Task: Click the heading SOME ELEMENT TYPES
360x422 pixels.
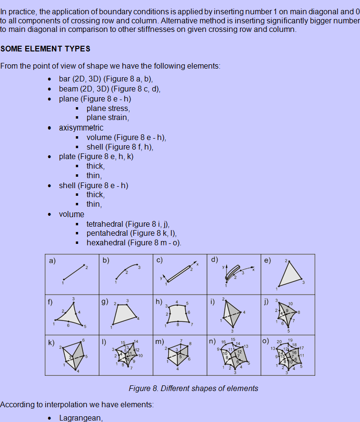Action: (x=45, y=49)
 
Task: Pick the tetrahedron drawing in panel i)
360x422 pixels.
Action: (x=231, y=314)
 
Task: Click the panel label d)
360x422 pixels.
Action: (x=214, y=260)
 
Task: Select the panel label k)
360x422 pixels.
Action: (x=51, y=342)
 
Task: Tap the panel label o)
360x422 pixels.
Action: (x=265, y=342)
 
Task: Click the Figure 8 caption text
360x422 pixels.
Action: (x=193, y=388)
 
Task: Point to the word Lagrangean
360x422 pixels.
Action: (x=81, y=418)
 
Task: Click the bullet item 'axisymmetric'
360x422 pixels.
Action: (x=81, y=128)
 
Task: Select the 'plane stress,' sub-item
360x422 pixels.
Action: (x=108, y=109)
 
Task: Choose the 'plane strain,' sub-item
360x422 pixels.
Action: (x=108, y=118)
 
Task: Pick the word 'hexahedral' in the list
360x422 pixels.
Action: (x=105, y=243)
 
